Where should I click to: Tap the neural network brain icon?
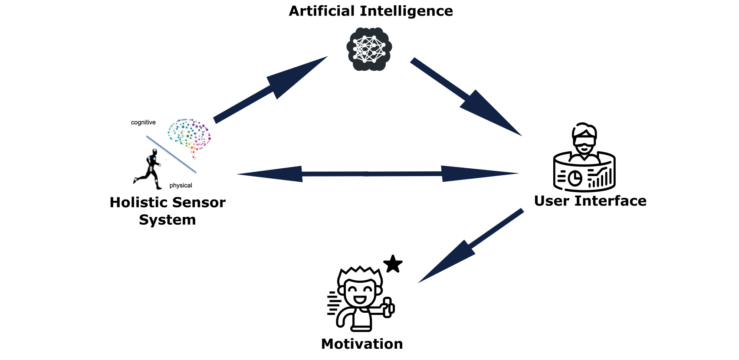(x=369, y=49)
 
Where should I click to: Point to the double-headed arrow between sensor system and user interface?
(x=378, y=173)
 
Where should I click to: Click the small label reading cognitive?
(x=143, y=122)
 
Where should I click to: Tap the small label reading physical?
(x=181, y=185)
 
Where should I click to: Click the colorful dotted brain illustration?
(x=190, y=135)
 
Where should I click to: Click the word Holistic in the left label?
(x=137, y=203)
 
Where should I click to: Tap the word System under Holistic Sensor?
(x=168, y=220)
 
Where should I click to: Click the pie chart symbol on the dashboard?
(x=575, y=178)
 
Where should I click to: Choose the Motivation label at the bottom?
(x=362, y=344)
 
